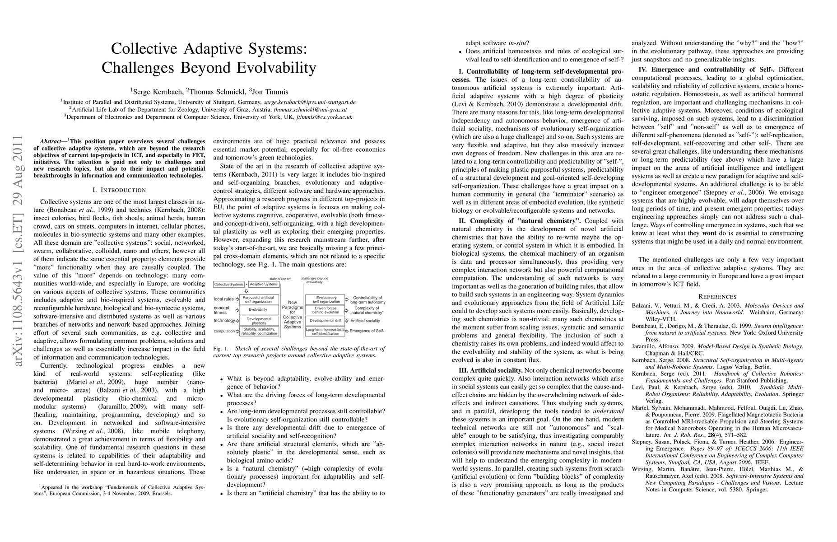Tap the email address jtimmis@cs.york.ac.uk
[x=324, y=117]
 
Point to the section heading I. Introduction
[x=119, y=190]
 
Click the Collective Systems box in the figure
[x=228, y=285]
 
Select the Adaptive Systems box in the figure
[x=264, y=285]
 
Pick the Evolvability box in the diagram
[x=258, y=310]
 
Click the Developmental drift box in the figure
[x=325, y=321]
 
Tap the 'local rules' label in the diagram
[x=224, y=299]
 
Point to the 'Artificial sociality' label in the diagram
[x=365, y=321]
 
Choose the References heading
[x=717, y=297]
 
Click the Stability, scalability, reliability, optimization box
[x=258, y=332]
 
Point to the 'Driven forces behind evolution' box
[x=325, y=310]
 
